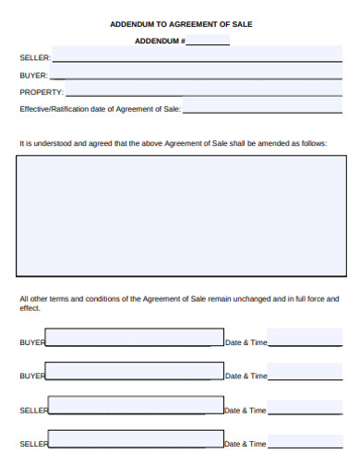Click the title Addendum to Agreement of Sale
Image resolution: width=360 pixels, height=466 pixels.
tap(181, 23)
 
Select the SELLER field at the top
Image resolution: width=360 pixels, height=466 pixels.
tap(197, 55)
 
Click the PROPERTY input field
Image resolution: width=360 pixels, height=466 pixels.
tap(203, 91)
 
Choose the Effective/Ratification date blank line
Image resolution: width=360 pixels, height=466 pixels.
tap(262, 109)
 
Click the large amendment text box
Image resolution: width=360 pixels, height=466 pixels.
tap(179, 216)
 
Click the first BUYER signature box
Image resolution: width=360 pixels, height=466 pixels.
tap(135, 338)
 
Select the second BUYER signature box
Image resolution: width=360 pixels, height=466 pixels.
tap(135, 372)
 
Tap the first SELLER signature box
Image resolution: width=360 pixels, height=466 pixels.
tap(136, 406)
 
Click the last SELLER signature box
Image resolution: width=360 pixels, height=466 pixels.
tap(136, 439)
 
